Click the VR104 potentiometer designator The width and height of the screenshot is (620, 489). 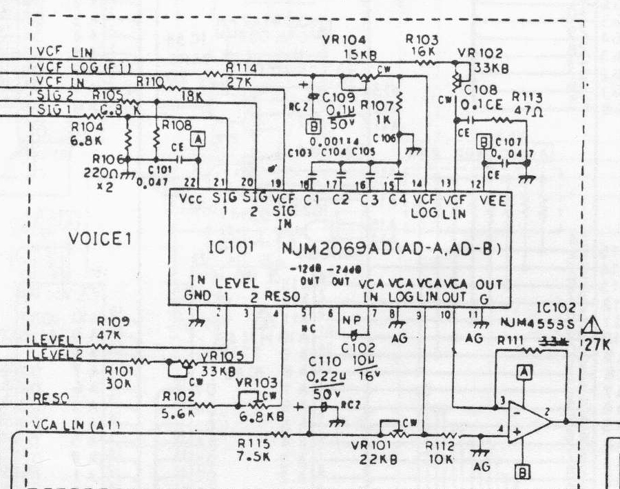click(x=344, y=39)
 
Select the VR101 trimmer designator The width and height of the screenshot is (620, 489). click(x=369, y=446)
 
